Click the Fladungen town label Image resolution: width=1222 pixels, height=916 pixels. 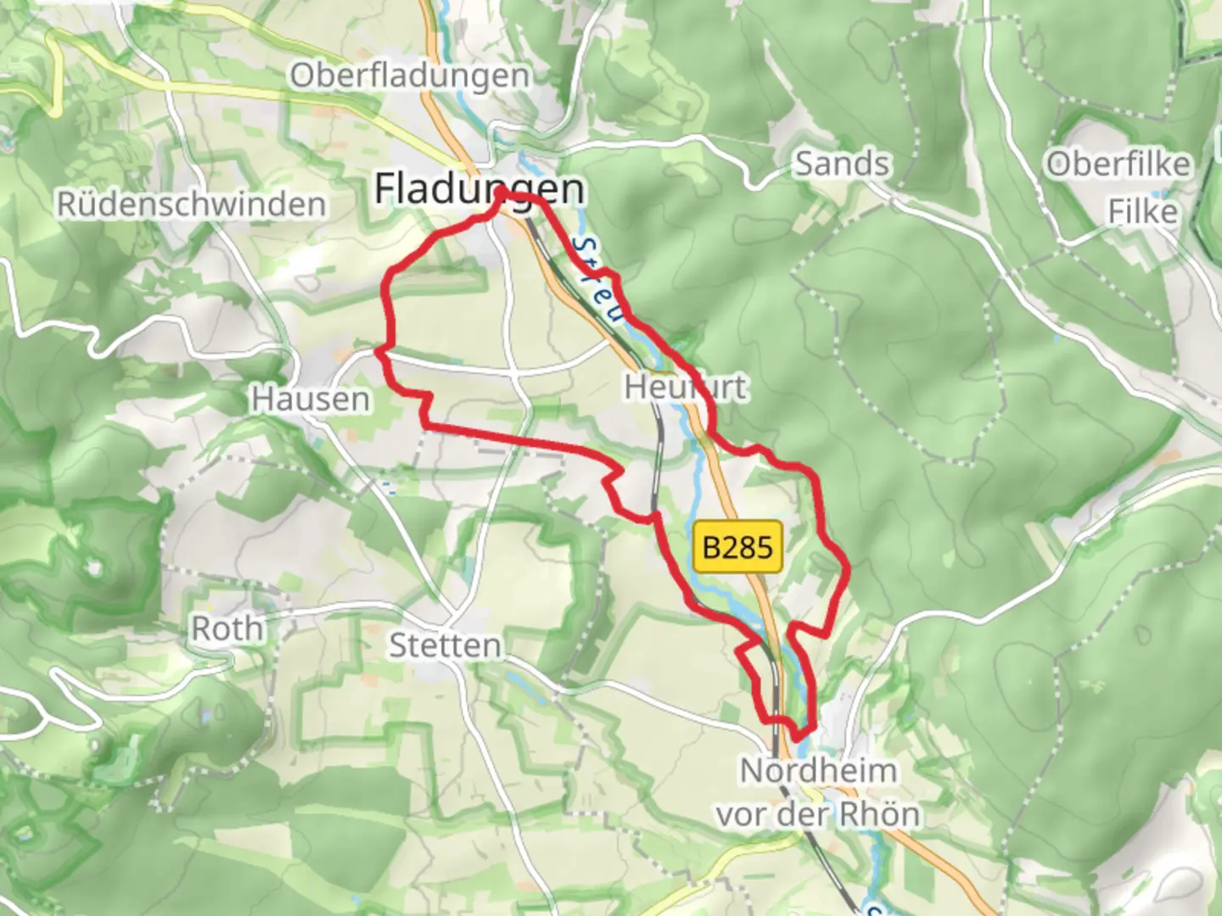pyautogui.click(x=479, y=188)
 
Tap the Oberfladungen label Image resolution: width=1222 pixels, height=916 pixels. pyautogui.click(x=410, y=75)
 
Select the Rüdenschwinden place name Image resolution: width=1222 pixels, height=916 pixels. pyautogui.click(x=191, y=204)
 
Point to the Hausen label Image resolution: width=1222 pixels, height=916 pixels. pyautogui.click(x=311, y=399)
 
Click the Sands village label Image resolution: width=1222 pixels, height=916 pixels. pyautogui.click(x=841, y=164)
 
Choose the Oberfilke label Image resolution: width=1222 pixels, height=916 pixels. pyautogui.click(x=1118, y=164)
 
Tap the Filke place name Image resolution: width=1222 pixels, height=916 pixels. pyautogui.click(x=1142, y=211)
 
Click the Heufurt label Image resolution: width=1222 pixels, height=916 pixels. pyautogui.click(x=686, y=388)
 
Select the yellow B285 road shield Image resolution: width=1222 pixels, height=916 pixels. pyautogui.click(x=737, y=547)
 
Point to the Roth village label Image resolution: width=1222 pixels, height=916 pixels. pyautogui.click(x=227, y=628)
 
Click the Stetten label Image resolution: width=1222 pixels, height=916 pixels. pyautogui.click(x=445, y=645)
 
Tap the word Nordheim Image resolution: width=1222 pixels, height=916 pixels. pyautogui.click(x=818, y=771)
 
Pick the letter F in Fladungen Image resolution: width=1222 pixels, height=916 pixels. pyautogui.click(x=386, y=188)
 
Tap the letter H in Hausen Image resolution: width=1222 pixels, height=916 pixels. pyautogui.click(x=262, y=399)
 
